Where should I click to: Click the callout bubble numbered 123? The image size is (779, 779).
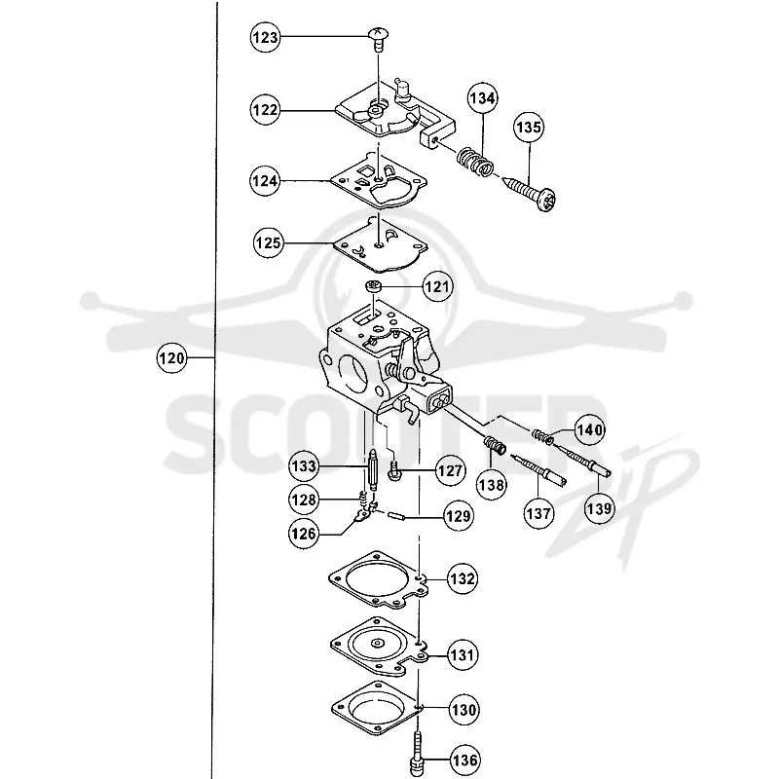coord(265,37)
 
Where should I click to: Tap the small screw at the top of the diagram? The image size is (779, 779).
coord(378,39)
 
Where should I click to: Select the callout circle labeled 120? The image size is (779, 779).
coord(171,357)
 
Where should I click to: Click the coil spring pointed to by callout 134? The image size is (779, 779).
coord(475,162)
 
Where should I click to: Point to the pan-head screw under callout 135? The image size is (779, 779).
coord(530,194)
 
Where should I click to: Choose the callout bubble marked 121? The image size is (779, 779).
coord(437,286)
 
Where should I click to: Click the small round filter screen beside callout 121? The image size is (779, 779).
coord(372,286)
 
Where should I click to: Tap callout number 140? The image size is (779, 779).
coord(590,429)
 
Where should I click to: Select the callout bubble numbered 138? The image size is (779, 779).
coord(492,485)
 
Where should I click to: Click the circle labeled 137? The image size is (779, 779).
coord(539,513)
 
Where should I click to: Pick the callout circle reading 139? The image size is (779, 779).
coord(599,508)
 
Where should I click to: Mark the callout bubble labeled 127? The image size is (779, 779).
coord(450,470)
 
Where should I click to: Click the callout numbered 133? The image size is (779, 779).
coord(304,466)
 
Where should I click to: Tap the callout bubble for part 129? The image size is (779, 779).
coord(459,517)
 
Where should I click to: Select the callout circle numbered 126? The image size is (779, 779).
coord(303,534)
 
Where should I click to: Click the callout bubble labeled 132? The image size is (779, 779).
coord(463,578)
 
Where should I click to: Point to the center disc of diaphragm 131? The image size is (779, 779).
coord(377,644)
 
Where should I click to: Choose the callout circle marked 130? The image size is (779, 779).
coord(464,710)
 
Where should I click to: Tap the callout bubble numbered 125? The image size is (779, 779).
coord(269,242)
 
